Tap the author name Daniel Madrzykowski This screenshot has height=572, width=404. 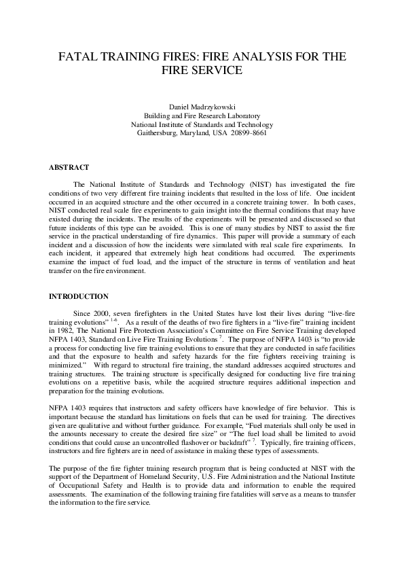pyautogui.click(x=202, y=107)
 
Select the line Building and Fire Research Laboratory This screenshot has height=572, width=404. pyautogui.click(x=202, y=116)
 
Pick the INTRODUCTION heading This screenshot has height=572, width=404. pyautogui.click(x=79, y=296)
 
